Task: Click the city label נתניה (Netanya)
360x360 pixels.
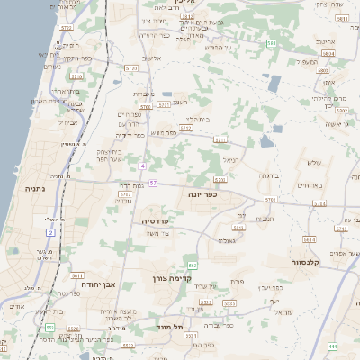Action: coord(24,191)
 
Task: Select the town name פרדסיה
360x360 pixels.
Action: coord(161,220)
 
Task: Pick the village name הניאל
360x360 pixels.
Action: coord(230,159)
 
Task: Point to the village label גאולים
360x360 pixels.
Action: coord(227,240)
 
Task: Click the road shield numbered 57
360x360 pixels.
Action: coord(154,184)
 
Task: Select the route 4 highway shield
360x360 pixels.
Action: coord(142,166)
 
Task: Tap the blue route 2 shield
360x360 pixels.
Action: coord(50,233)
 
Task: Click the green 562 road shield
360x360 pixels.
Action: coord(192,265)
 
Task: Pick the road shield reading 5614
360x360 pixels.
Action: coord(309,240)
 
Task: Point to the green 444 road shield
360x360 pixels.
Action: coord(333,346)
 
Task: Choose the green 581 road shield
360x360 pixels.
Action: coord(272,42)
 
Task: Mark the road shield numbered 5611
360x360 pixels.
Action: coord(77,276)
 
